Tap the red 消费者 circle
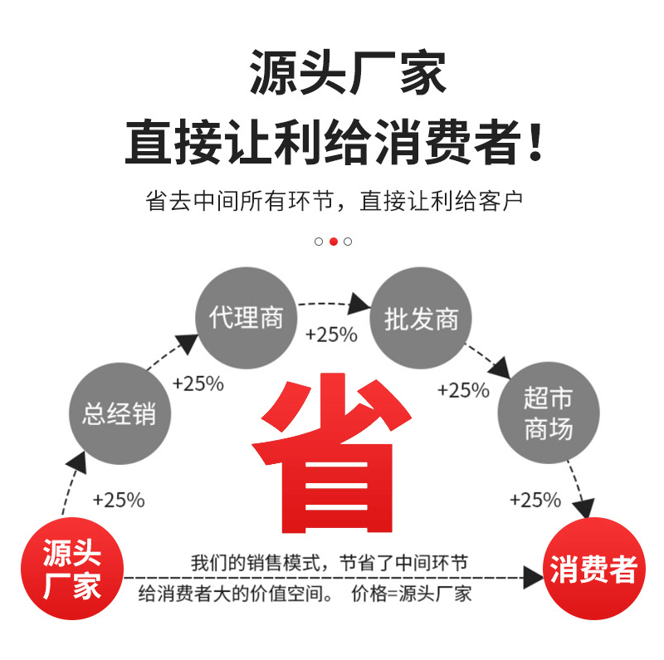click(593, 569)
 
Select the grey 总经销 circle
click(119, 413)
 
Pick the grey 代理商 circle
click(246, 318)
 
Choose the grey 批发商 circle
click(421, 319)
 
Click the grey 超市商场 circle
click(548, 413)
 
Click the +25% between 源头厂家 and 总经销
click(119, 501)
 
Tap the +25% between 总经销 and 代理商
click(198, 384)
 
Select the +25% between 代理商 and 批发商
click(331, 335)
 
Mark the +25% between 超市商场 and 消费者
click(535, 500)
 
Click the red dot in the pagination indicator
click(334, 242)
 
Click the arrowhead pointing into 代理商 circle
click(188, 343)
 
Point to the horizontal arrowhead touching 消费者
click(532, 577)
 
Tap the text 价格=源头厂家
click(412, 594)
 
